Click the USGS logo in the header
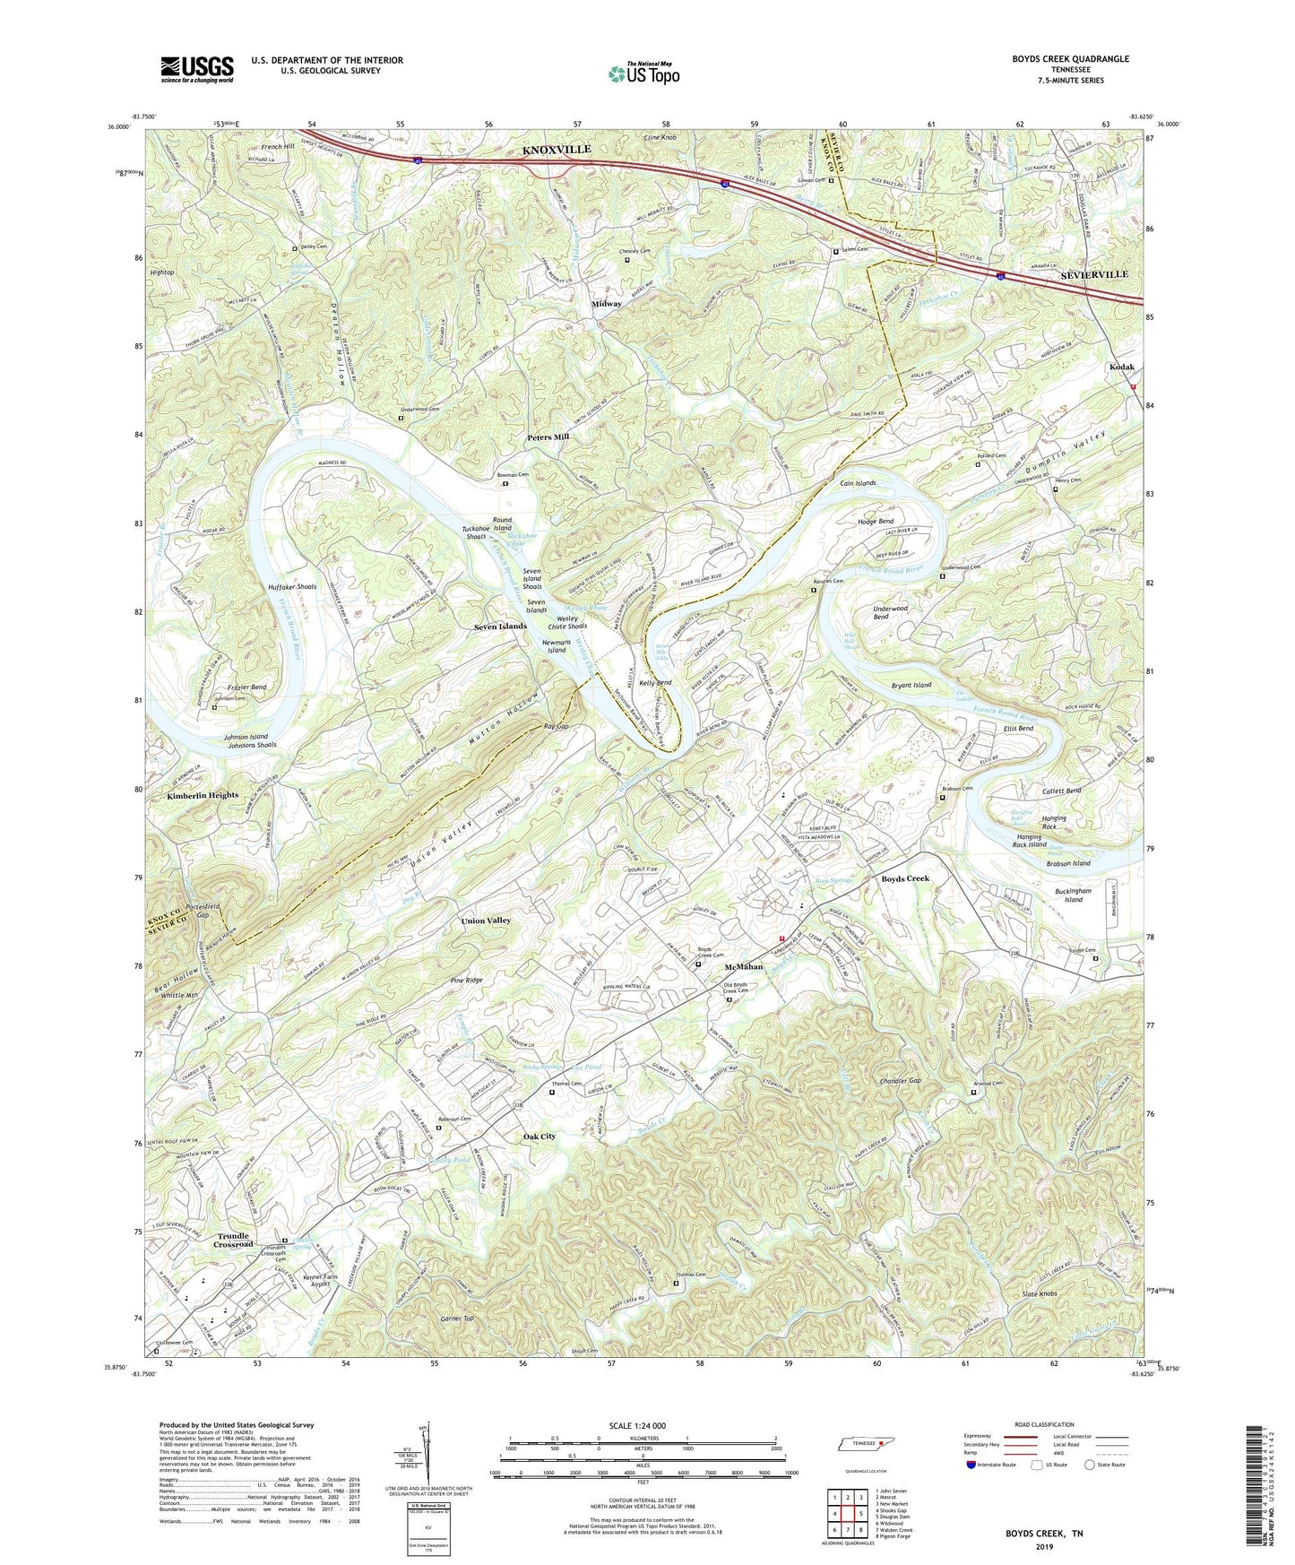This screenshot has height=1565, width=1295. pos(197,68)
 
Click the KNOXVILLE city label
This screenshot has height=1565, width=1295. pos(556,150)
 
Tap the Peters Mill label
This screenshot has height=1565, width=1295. pos(548,437)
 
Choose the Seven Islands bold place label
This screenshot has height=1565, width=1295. pos(500,626)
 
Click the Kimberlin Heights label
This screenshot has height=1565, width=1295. pos(203,795)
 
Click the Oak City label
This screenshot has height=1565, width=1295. pos(540,1136)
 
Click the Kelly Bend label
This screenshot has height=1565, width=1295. pos(656,683)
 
